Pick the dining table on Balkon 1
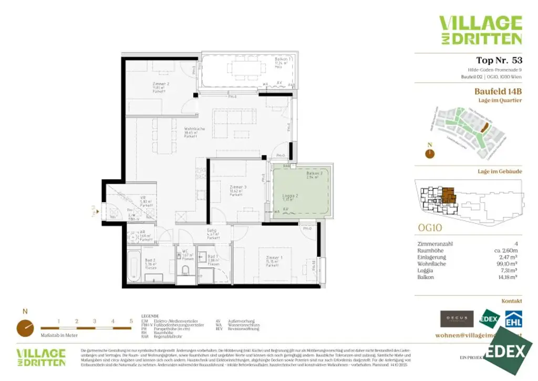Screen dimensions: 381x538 (243, 68)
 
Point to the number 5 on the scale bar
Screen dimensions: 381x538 (131, 321)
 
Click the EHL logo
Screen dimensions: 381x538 (513, 319)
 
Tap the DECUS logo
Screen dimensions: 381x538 (457, 319)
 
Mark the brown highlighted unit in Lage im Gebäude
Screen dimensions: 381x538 (448, 196)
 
